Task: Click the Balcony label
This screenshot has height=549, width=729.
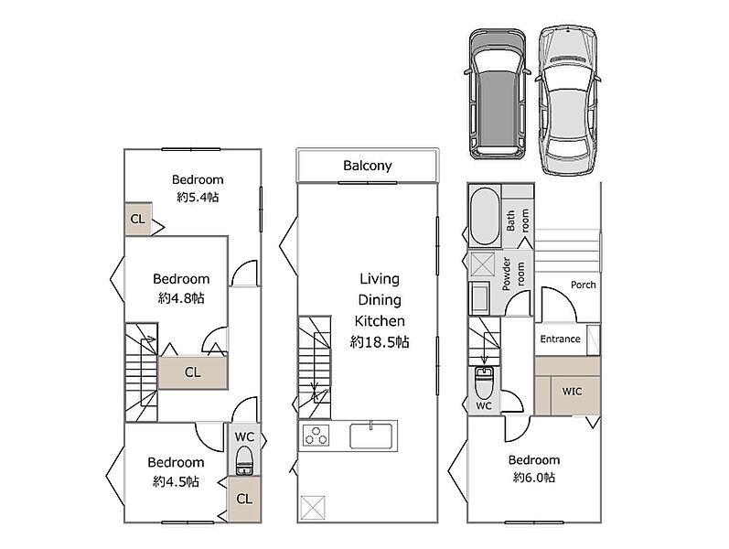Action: click(368, 166)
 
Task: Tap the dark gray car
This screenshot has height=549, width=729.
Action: click(498, 93)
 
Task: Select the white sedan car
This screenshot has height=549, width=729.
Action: click(568, 101)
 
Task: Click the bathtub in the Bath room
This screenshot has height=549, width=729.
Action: click(485, 216)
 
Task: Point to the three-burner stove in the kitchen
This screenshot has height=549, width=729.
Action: click(316, 436)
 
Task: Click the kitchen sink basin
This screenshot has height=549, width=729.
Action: click(371, 436)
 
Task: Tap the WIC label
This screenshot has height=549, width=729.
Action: click(572, 392)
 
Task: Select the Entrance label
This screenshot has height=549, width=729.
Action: click(560, 339)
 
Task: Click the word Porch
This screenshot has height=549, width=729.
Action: click(583, 285)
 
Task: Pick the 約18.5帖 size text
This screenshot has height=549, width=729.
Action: click(380, 342)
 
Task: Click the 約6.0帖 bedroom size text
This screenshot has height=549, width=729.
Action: click(534, 478)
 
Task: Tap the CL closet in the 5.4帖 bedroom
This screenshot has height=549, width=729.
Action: click(138, 219)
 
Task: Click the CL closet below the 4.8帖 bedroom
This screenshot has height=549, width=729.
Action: click(193, 372)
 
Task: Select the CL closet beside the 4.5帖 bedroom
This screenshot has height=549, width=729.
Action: click(244, 500)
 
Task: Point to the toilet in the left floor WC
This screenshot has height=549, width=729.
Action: click(244, 460)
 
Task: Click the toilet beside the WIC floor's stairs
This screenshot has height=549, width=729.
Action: click(484, 381)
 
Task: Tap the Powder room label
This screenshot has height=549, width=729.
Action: click(513, 274)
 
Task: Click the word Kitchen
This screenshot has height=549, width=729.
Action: click(380, 321)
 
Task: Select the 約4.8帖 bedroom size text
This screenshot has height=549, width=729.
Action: click(181, 297)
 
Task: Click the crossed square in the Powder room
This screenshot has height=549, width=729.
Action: click(483, 265)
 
